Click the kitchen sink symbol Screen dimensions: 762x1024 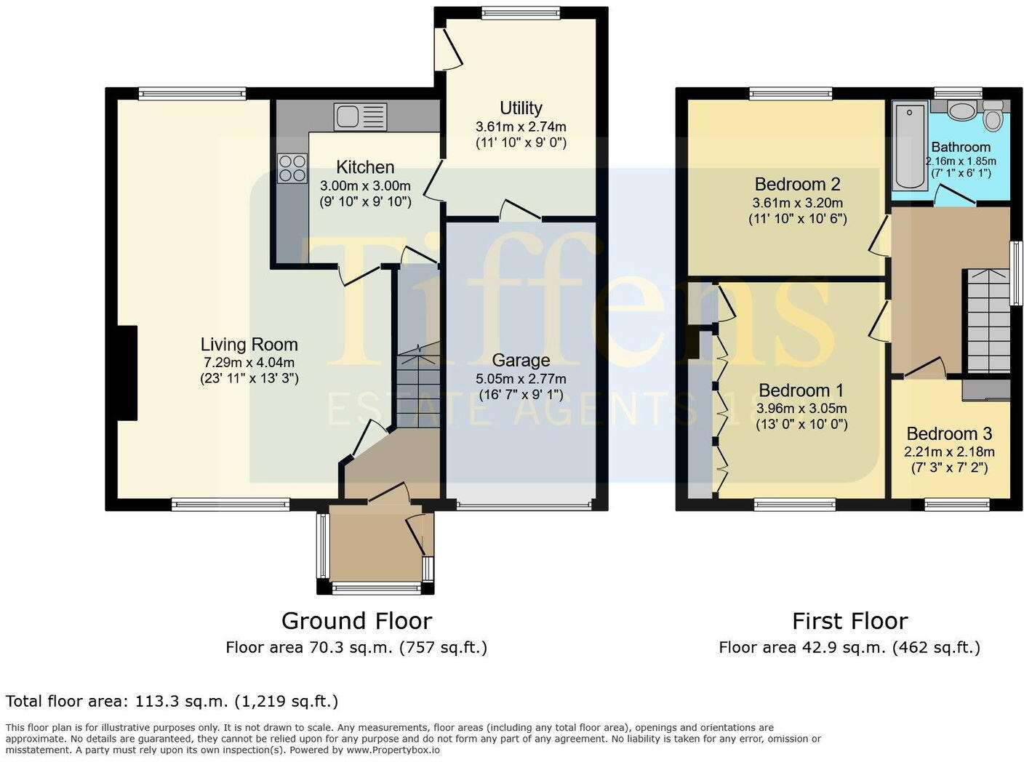(360, 117)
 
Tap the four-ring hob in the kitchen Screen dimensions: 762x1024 (291, 168)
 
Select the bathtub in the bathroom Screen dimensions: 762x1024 (910, 145)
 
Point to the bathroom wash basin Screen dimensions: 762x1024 (963, 111)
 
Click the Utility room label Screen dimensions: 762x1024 (521, 108)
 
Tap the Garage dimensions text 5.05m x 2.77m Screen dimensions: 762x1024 (521, 379)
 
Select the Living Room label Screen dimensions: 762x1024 (249, 345)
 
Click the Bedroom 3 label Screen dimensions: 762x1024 (949, 434)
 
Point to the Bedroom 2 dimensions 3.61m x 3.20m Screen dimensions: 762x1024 (797, 203)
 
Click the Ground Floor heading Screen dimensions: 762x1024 (356, 621)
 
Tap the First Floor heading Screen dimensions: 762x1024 (849, 621)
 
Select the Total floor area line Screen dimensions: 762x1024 (172, 702)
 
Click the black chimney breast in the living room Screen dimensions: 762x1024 (128, 373)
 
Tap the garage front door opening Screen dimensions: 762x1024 (524, 505)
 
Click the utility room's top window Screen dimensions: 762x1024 (520, 12)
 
